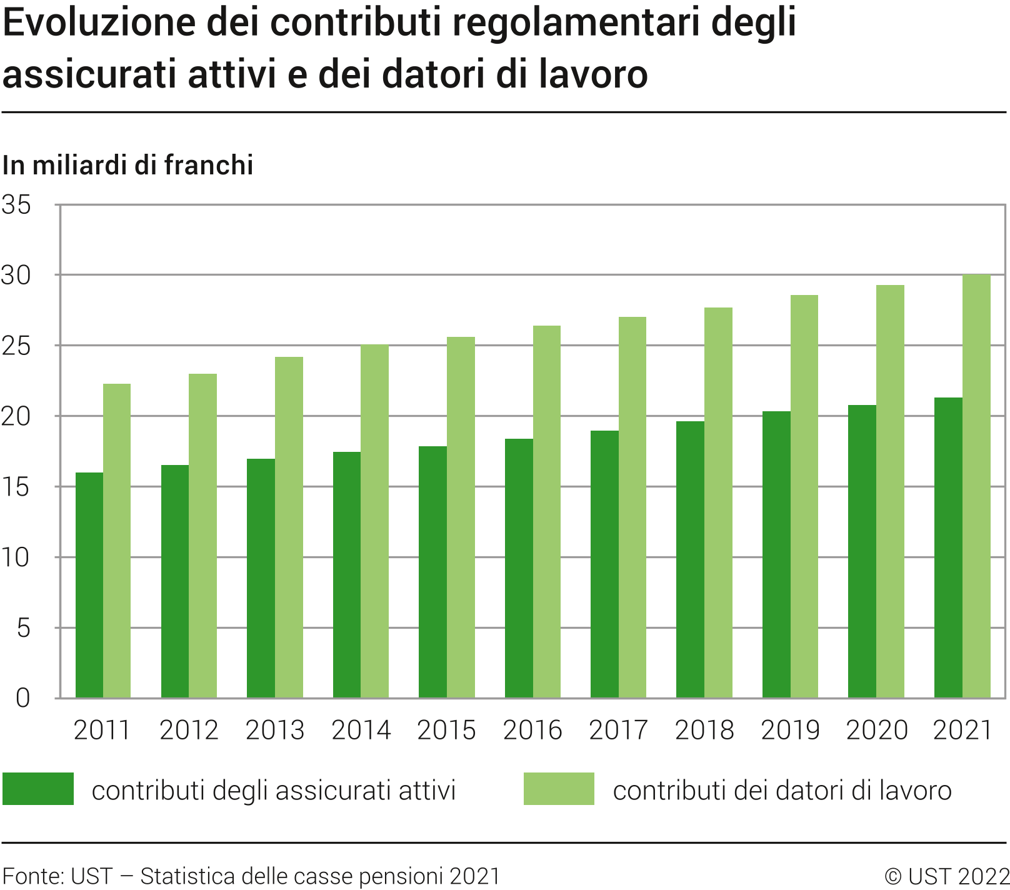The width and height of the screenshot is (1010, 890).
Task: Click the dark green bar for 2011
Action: click(89, 585)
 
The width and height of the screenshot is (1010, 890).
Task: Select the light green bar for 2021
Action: click(976, 486)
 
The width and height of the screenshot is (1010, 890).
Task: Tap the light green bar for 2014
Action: click(374, 521)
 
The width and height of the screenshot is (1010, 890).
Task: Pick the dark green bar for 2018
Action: click(690, 559)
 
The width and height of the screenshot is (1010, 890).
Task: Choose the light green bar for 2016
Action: click(547, 512)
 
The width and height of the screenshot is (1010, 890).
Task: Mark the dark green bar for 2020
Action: click(862, 551)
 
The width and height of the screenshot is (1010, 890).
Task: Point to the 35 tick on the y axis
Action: click(17, 205)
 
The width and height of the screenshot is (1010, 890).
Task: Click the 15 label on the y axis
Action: click(17, 487)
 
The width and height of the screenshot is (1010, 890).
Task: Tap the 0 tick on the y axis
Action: click(23, 698)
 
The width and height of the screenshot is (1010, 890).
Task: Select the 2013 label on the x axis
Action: click(275, 730)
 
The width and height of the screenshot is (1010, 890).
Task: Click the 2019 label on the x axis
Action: click(790, 730)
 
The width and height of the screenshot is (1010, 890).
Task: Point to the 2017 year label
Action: click(618, 730)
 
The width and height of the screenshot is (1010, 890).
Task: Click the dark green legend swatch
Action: click(38, 789)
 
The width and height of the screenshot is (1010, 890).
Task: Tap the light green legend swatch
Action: click(559, 789)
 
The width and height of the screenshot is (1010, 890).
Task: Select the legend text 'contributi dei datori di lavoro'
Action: click(782, 791)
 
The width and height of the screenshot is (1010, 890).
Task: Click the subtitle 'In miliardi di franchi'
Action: click(128, 165)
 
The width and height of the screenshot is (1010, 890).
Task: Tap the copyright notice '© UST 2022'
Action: click(946, 876)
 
